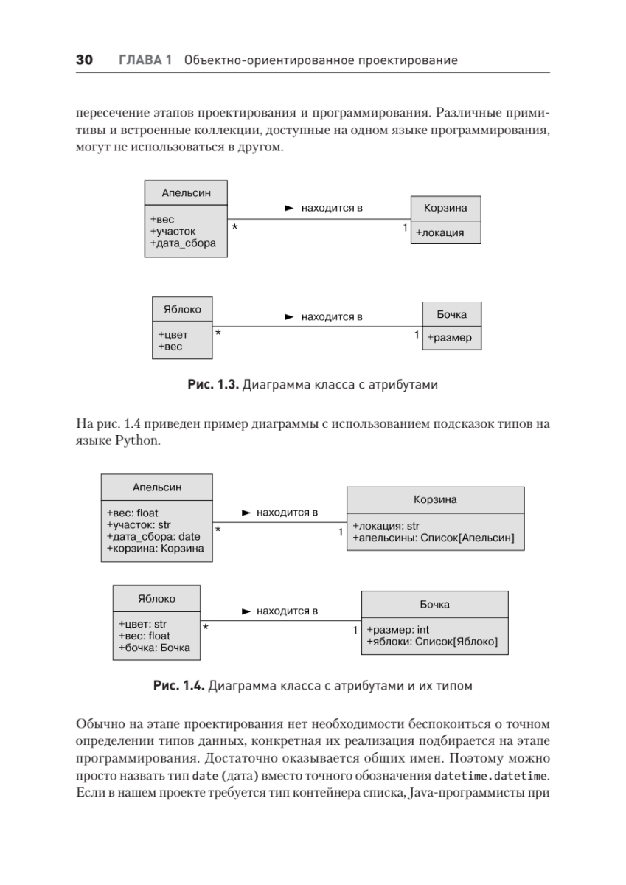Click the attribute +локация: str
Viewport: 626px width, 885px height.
coord(386,526)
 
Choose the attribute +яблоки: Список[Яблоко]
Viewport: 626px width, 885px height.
coord(432,642)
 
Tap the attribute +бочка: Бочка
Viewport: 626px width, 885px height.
coord(154,648)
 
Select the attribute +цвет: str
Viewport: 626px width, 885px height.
coord(143,624)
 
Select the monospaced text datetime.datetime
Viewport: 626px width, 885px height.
coord(492,775)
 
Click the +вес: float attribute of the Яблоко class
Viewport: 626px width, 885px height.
coord(145,636)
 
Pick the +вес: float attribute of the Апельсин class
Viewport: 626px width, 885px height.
coord(133,513)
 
